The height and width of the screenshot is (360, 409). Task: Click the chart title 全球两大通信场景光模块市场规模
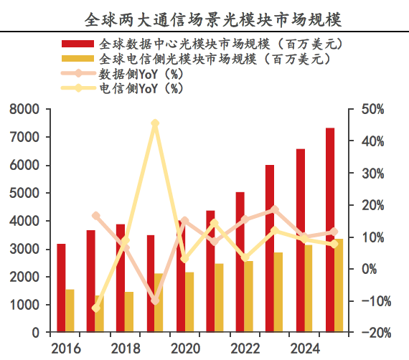[213, 20]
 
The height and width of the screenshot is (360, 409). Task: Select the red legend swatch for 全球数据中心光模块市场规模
[77, 44]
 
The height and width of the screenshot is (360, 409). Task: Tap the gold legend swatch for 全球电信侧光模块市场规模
[77, 58]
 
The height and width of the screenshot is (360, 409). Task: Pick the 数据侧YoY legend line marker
[77, 73]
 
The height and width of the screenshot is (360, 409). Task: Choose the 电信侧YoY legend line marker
[77, 88]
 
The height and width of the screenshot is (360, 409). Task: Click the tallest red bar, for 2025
[330, 230]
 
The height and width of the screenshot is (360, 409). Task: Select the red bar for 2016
[61, 288]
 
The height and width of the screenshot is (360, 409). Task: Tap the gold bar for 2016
[70, 311]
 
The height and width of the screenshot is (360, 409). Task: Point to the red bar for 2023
[270, 248]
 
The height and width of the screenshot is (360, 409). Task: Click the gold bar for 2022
[248, 296]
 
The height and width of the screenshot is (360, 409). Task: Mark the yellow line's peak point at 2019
[155, 123]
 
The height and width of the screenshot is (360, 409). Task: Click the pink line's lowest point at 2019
[155, 300]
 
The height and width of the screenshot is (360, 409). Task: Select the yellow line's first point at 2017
[96, 308]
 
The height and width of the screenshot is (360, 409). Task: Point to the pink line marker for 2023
[275, 209]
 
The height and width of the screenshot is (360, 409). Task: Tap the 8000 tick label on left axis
[24, 109]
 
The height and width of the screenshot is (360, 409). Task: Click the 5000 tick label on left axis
[24, 193]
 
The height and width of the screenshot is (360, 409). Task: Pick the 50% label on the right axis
[372, 109]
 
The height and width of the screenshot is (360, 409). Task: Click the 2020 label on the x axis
[185, 349]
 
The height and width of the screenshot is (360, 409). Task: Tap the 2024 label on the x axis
[305, 349]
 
